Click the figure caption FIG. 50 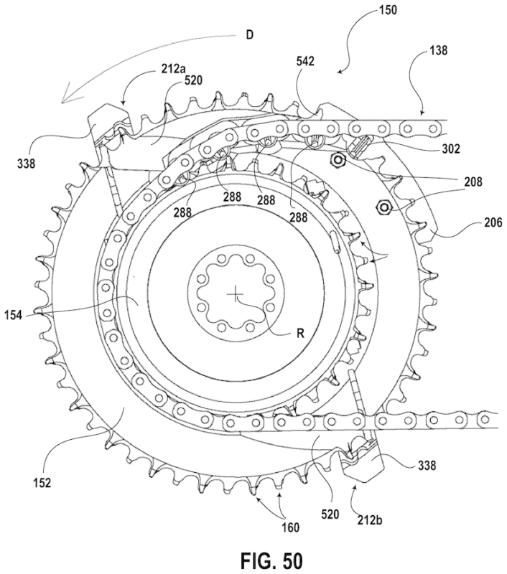[253, 558]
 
